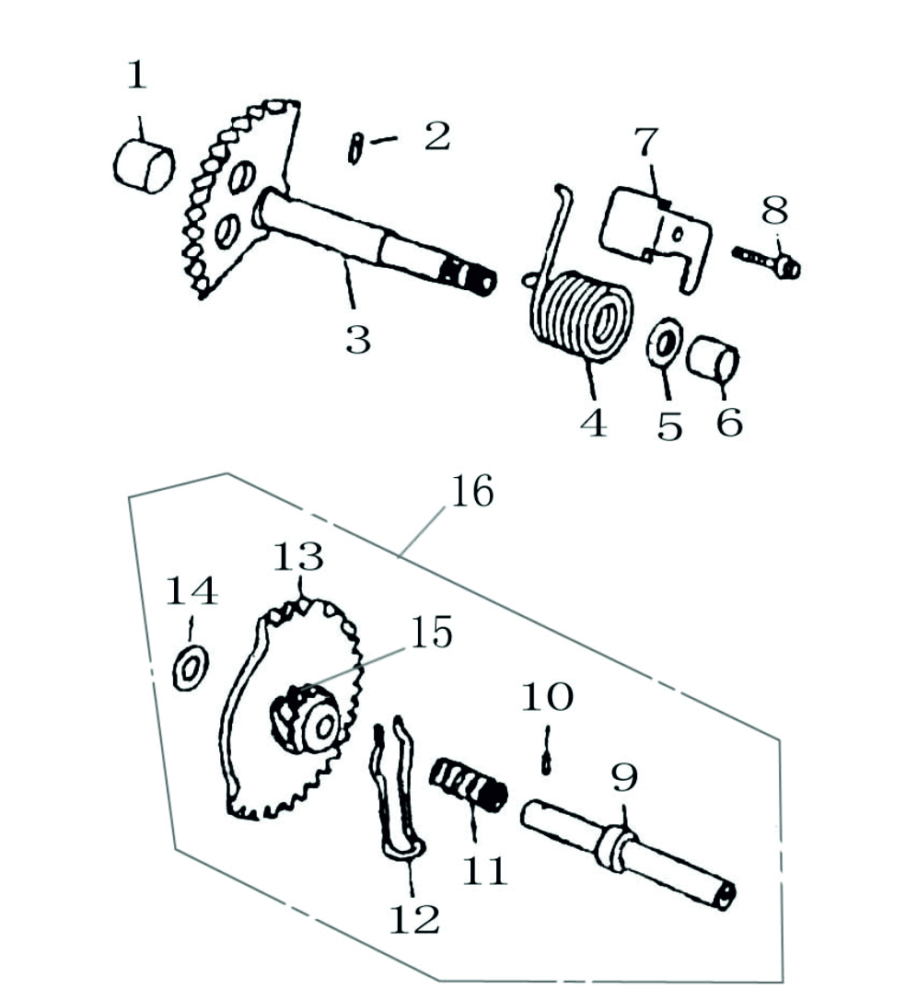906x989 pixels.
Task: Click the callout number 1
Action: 136,76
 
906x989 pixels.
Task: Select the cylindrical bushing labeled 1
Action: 144,166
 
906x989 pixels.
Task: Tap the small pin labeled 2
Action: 354,147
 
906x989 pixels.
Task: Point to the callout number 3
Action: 357,339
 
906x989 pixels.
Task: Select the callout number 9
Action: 623,779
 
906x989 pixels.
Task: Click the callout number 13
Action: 297,557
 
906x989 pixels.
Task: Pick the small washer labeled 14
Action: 191,666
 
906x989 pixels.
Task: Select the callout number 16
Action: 471,493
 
